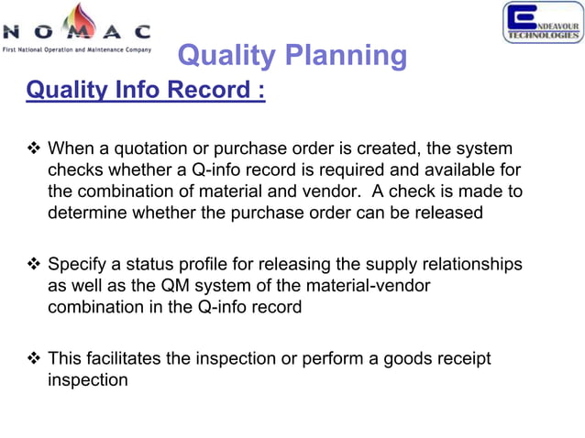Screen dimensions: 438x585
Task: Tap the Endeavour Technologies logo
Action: point(542,23)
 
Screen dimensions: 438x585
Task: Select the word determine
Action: point(88,212)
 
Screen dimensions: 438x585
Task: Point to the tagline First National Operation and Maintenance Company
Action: point(77,48)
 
